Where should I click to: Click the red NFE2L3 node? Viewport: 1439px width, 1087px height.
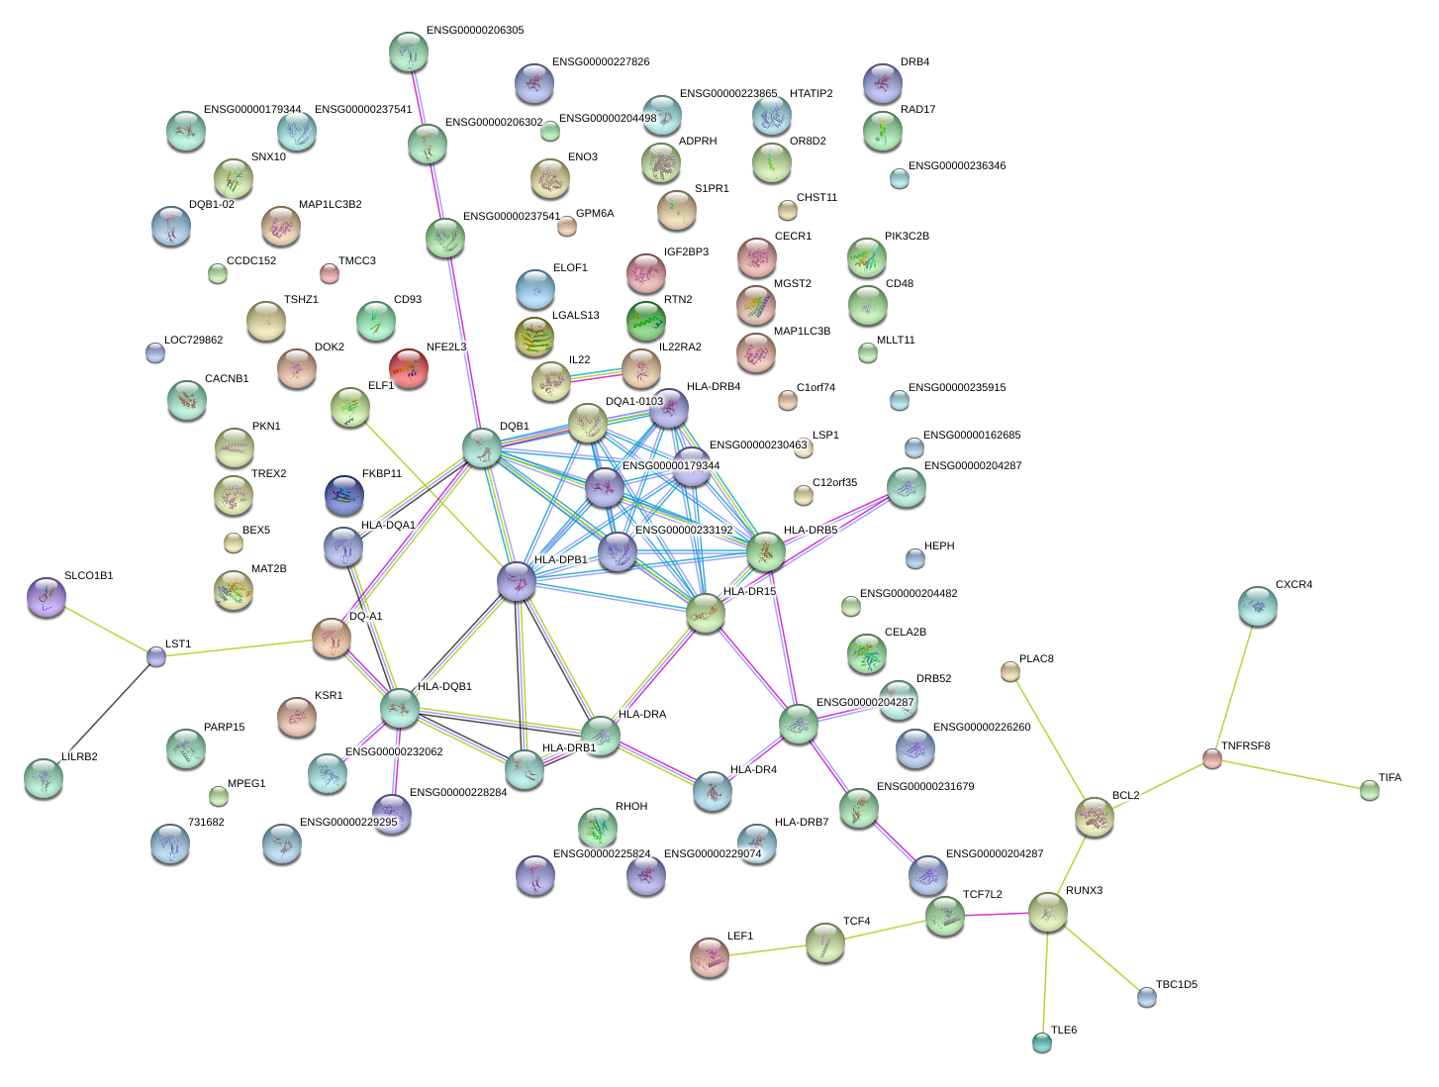point(410,368)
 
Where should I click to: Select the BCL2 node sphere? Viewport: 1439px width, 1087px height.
point(1095,817)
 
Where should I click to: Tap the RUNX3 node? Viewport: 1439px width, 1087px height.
point(1047,912)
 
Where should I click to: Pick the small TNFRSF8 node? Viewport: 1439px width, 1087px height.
point(1212,758)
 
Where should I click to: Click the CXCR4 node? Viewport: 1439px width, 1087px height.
point(1258,607)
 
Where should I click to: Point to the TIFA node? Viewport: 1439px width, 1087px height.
point(1370,790)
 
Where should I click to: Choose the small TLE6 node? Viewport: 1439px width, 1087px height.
point(1041,1041)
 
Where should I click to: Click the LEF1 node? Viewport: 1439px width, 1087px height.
point(710,957)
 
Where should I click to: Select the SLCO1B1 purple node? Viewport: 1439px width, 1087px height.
point(46,597)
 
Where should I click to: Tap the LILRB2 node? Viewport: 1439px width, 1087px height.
point(44,779)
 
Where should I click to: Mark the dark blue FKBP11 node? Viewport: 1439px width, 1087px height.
point(344,495)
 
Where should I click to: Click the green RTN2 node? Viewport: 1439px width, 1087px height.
point(646,321)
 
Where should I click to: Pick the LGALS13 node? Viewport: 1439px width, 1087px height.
point(535,337)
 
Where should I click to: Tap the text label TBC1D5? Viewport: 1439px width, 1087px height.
point(1177,985)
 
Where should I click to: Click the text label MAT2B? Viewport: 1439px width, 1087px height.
point(269,569)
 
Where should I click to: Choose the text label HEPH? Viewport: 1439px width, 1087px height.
point(939,546)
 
